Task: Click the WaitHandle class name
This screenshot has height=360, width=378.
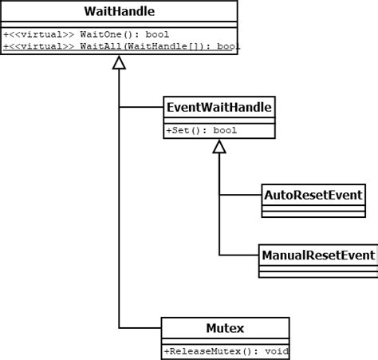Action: point(119,11)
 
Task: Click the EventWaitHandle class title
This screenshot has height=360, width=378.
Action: point(219,106)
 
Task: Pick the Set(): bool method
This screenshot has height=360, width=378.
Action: point(201,130)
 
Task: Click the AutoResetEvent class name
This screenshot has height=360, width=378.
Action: point(313,194)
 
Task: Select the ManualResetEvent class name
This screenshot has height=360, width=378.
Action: point(318,255)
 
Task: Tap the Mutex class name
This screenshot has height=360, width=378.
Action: point(225,327)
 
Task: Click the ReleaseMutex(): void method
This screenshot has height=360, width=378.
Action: point(226,351)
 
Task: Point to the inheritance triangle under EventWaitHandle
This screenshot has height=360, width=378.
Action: point(219,146)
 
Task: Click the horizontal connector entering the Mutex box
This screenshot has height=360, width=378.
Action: point(140,327)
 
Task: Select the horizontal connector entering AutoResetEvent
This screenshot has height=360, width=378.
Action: point(241,194)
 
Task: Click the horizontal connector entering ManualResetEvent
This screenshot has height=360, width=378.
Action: point(239,255)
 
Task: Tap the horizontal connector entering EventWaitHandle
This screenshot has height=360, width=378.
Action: point(140,106)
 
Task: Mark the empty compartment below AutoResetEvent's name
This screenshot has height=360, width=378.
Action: point(313,209)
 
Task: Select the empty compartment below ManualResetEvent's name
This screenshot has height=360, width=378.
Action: point(318,271)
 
